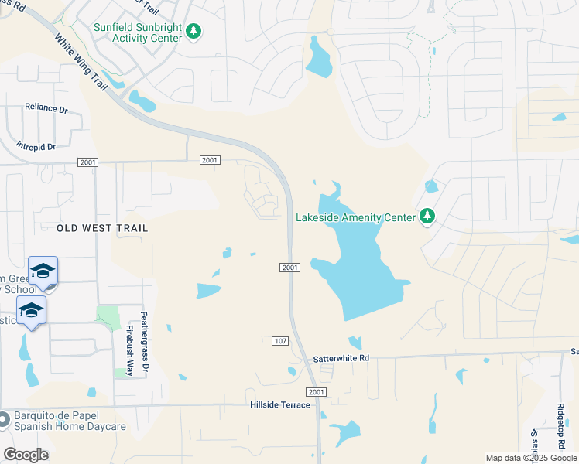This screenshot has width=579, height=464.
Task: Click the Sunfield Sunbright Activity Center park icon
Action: [194, 32]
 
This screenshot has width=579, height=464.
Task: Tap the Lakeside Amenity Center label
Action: [355, 218]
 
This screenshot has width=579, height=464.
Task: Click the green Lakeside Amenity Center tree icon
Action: [426, 217]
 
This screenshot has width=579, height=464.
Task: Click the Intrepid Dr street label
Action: [36, 146]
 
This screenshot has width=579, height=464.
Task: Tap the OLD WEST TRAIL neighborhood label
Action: [102, 228]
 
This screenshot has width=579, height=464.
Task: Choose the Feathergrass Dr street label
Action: [144, 344]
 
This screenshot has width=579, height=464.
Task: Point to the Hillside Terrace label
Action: [279, 405]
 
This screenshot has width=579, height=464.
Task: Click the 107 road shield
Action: [280, 340]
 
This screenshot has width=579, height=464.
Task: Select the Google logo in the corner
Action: [26, 455]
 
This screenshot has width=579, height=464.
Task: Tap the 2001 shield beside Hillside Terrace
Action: [317, 393]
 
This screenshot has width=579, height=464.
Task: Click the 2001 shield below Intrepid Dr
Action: [87, 162]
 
